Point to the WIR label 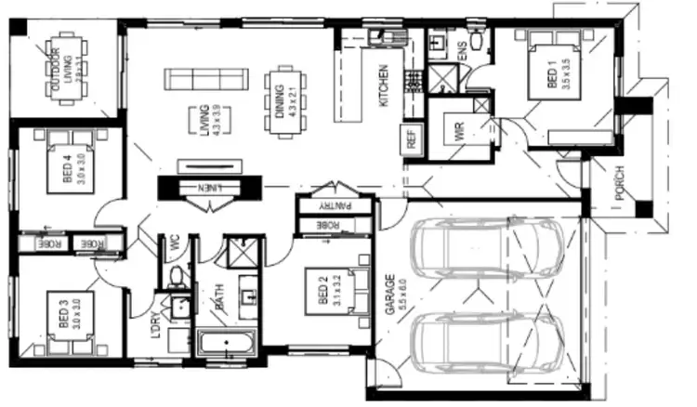click(458, 131)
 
